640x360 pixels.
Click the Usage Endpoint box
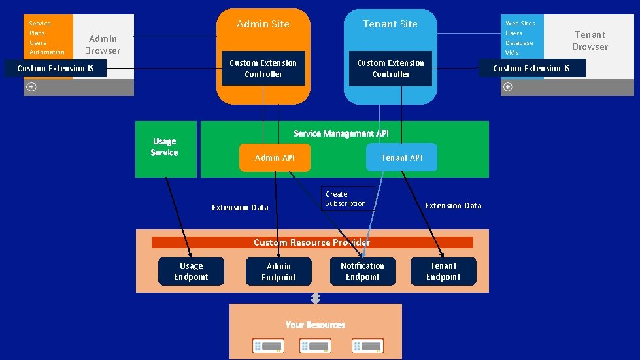coord(191,271)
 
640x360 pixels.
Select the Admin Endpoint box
coord(278,272)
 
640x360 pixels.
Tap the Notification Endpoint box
coord(363,271)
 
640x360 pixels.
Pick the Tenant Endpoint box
coord(443,271)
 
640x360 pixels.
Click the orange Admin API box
coord(275,157)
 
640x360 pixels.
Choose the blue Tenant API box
coord(401,157)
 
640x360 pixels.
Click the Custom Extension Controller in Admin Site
coord(263,69)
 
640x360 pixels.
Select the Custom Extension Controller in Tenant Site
coord(391,69)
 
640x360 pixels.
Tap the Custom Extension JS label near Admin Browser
coord(56,69)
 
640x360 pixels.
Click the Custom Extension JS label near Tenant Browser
coord(531,69)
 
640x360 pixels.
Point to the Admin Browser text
coord(103,44)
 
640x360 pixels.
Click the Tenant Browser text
coord(590,41)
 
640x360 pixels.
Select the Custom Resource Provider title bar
coord(312,242)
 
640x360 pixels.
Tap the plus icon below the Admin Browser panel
coord(31,87)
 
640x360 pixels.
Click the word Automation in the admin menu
coord(47,52)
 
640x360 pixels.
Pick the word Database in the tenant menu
coord(519,43)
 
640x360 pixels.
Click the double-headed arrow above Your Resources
coord(316,298)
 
